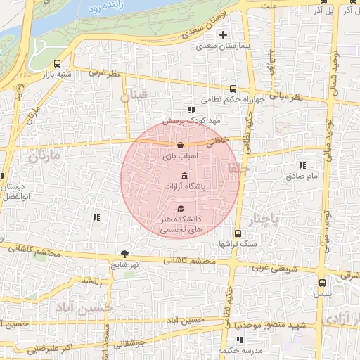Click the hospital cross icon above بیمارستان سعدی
coord(224,34)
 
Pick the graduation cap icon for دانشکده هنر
coord(181,209)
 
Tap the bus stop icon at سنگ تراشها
coord(238,233)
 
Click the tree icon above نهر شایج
coord(125,254)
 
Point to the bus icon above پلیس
coord(322,283)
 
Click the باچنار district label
coord(266,217)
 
